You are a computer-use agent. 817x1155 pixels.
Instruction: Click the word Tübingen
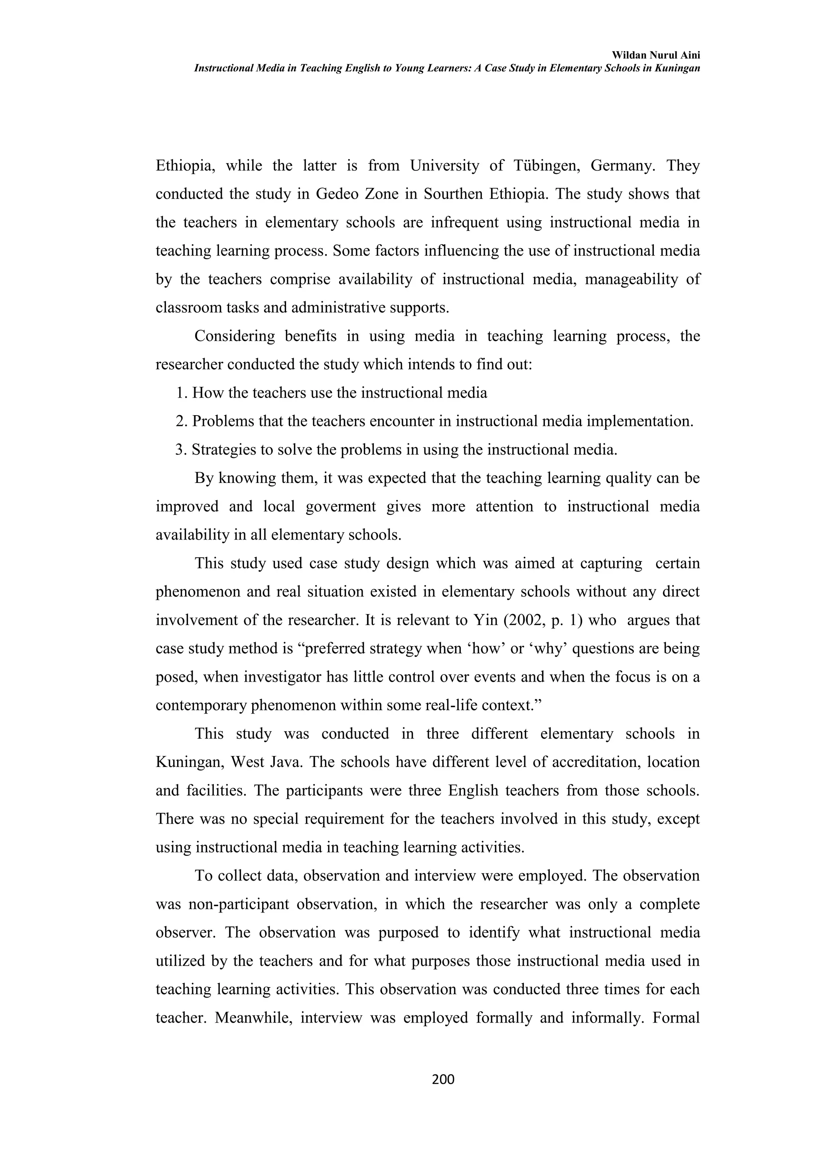click(546, 166)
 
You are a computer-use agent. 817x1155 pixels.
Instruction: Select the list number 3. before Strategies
click(181, 449)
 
